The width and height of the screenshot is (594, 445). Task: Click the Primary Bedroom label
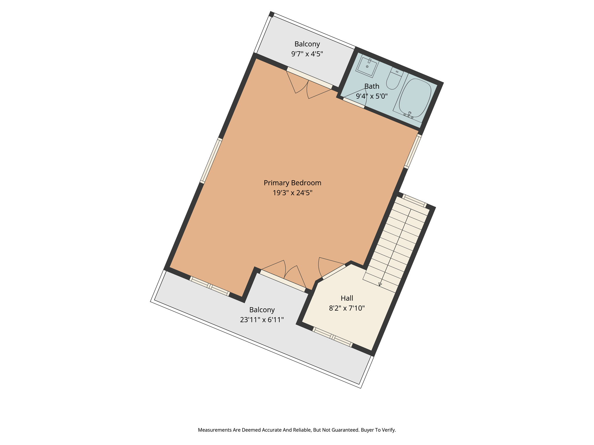point(292,183)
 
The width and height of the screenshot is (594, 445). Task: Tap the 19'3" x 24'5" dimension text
point(292,193)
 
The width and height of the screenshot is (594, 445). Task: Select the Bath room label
point(372,86)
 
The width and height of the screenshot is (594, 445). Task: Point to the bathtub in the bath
point(415,98)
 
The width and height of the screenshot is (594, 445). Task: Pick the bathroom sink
point(367,66)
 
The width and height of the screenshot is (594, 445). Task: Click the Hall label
point(347,298)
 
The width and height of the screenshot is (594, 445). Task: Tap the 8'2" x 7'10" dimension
point(347,308)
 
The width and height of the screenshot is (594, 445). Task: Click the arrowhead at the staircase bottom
point(380,284)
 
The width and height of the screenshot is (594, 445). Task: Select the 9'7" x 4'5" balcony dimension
point(307,54)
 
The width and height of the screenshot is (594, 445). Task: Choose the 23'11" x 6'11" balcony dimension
point(262,320)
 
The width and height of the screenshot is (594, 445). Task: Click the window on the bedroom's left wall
point(211,161)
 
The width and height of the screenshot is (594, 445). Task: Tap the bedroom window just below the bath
point(413,151)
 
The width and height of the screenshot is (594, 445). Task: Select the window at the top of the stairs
point(414,201)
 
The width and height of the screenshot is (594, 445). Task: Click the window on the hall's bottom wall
point(332,337)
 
